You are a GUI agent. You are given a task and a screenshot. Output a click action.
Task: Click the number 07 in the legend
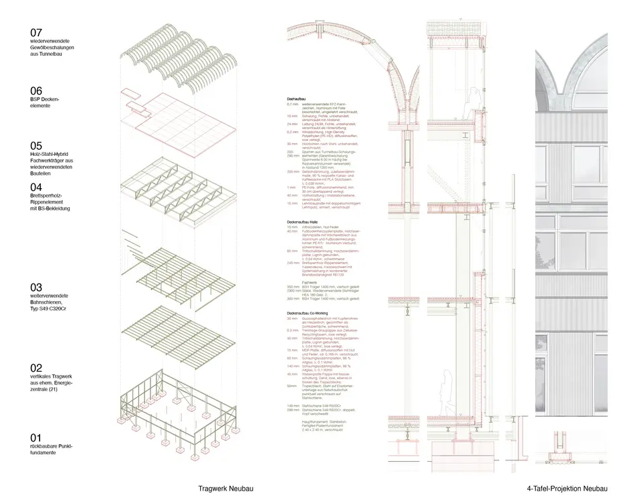coord(36,32)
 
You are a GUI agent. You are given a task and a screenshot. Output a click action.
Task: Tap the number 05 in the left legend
coord(36,145)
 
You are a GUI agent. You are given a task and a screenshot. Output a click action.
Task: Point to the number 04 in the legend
coord(36,187)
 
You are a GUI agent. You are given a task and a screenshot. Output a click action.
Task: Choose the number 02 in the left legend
coord(36,367)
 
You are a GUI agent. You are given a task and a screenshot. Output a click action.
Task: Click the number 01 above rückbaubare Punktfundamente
coord(36,437)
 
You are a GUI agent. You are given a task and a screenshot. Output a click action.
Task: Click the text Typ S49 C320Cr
coord(49,308)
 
